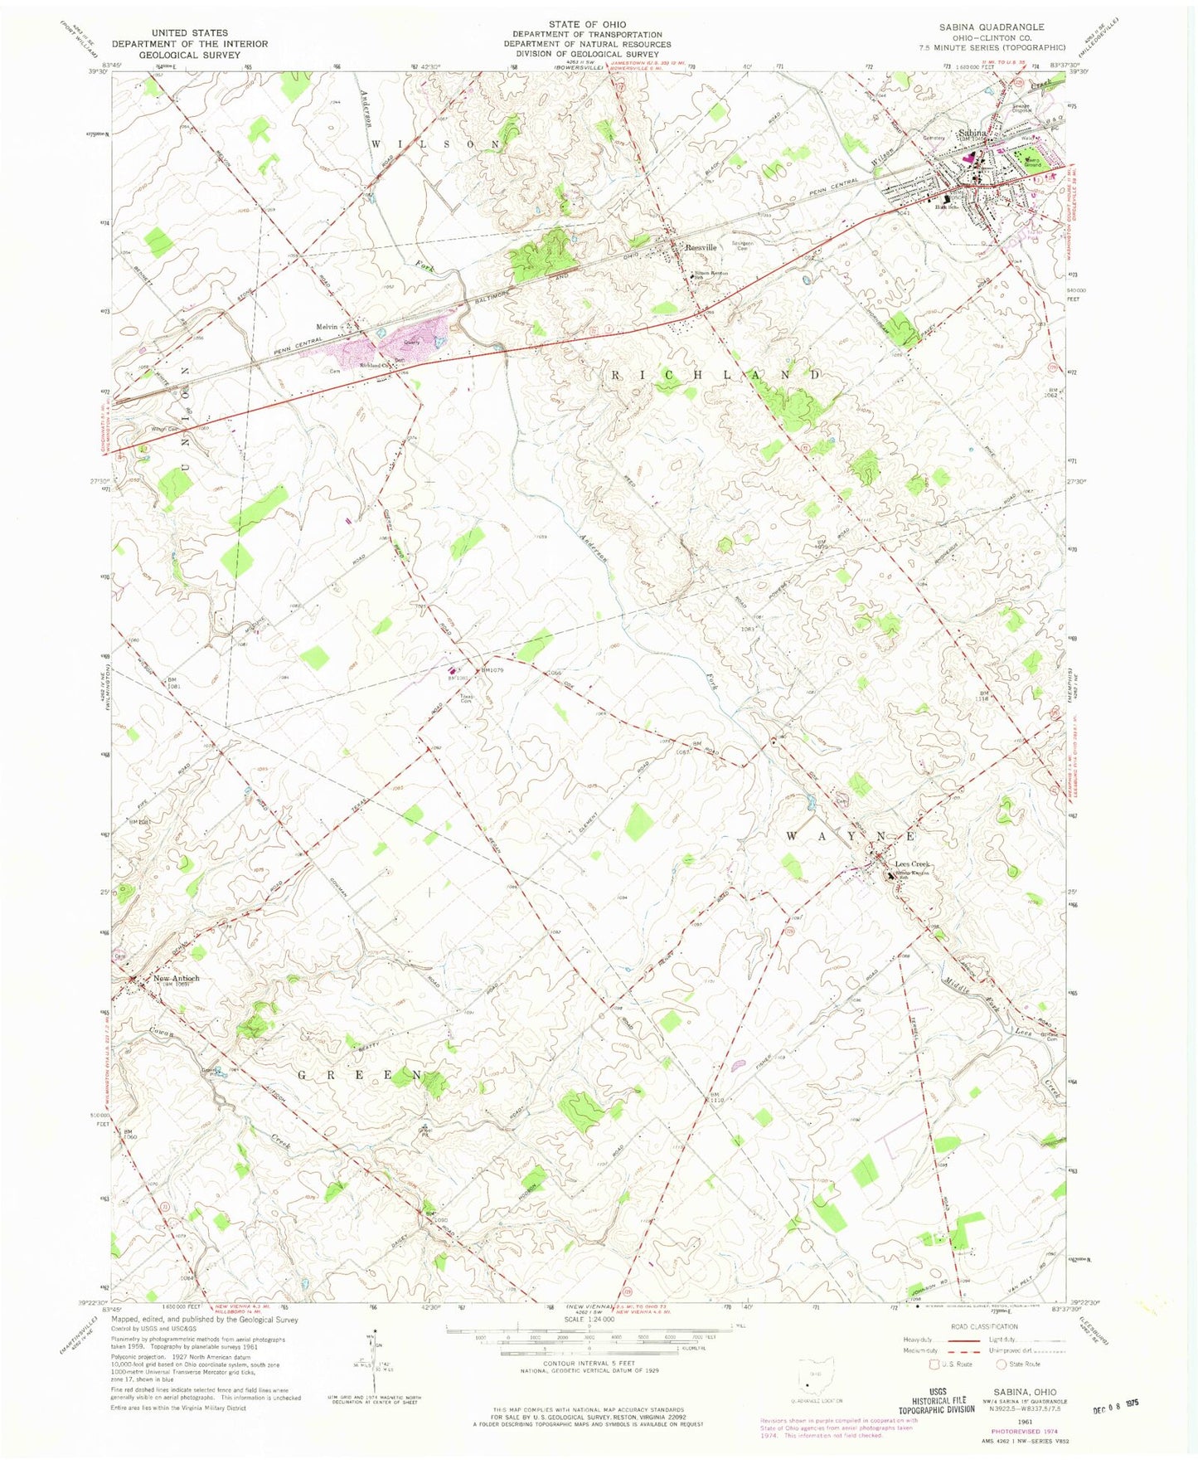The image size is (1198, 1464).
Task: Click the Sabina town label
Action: tap(972, 133)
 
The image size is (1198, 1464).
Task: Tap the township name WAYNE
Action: tap(850, 835)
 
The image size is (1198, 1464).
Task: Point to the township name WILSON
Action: tap(436, 143)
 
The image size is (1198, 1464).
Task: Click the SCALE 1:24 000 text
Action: tap(587, 1319)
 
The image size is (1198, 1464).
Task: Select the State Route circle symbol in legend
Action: tap(1002, 1363)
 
